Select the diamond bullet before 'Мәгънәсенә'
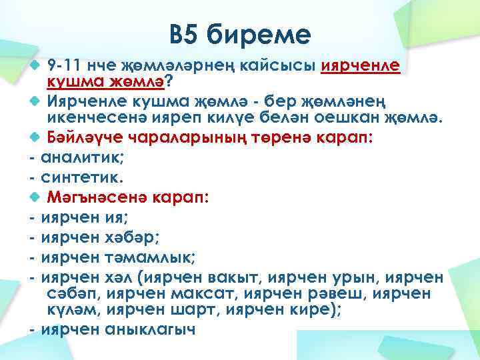(35, 197)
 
